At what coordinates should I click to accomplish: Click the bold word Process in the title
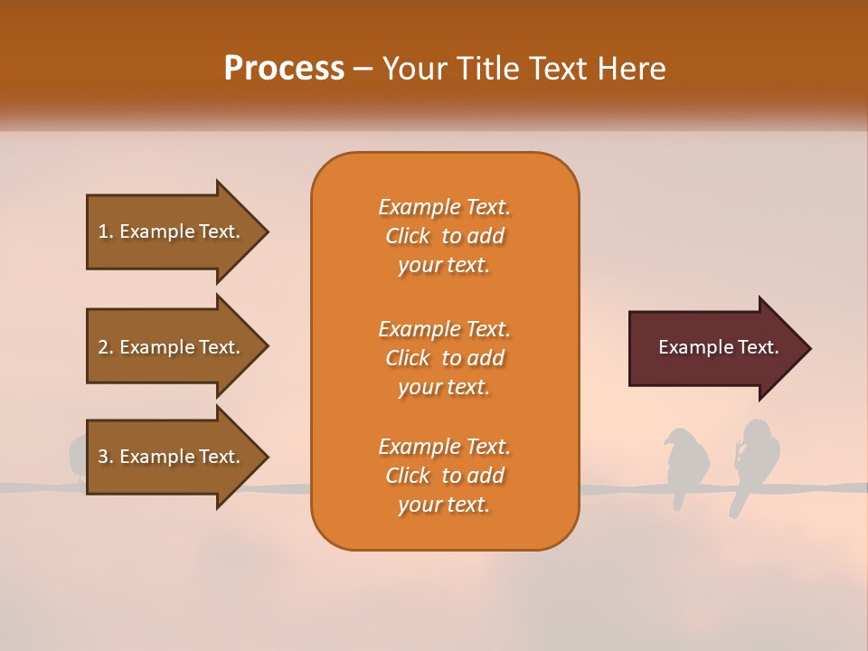point(284,68)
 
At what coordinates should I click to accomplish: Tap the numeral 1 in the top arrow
point(103,231)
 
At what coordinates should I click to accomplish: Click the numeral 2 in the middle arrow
point(103,347)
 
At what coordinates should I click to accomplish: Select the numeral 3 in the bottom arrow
point(103,457)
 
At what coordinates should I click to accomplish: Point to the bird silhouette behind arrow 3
point(78,454)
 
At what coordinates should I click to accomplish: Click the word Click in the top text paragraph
point(407,236)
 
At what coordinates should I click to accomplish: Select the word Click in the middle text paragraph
point(407,358)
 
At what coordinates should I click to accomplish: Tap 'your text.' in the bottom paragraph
point(444,505)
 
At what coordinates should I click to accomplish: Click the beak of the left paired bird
point(666,442)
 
